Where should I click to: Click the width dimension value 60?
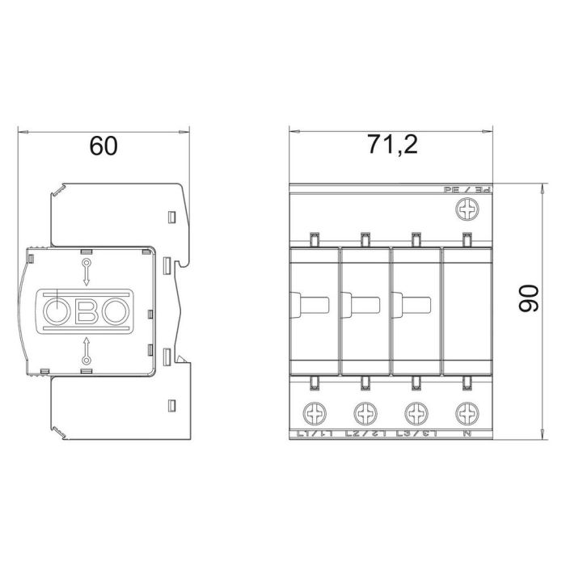(103, 146)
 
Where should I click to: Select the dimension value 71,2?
(391, 146)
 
